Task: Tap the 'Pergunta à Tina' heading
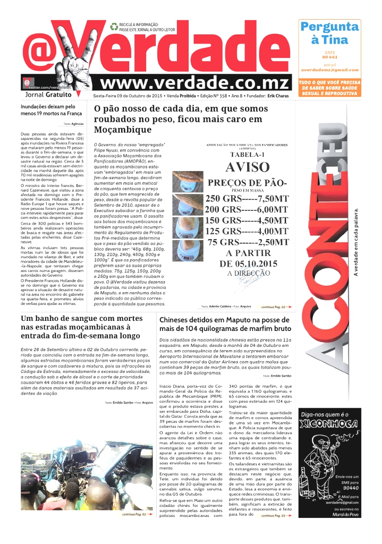click(x=329, y=33)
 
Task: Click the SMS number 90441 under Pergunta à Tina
click(x=329, y=57)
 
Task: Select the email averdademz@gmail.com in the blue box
click(x=329, y=70)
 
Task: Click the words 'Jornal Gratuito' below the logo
click(x=49, y=94)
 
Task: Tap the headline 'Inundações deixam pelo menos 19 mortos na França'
click(x=47, y=110)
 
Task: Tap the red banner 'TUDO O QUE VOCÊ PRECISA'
click(x=329, y=88)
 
